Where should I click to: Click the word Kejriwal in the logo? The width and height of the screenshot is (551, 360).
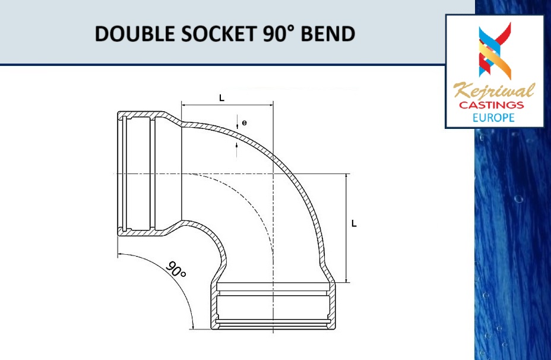tap(494, 91)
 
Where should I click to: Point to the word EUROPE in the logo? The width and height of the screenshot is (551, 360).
tap(493, 117)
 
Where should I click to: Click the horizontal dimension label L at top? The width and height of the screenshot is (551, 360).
tap(222, 97)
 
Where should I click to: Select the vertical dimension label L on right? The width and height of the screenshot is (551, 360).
tap(354, 224)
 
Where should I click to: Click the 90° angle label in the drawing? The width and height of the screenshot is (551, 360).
tap(176, 270)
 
